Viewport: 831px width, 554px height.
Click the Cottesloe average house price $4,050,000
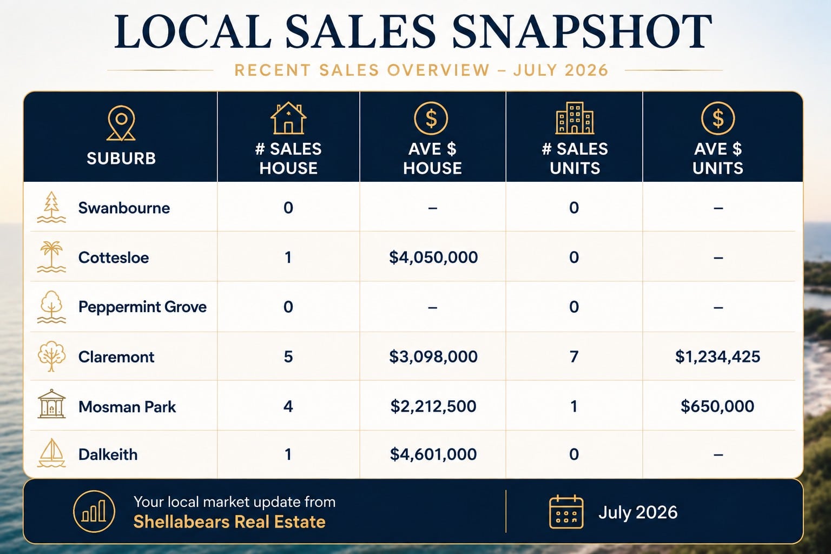pos(433,257)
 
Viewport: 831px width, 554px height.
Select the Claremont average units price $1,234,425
pos(717,357)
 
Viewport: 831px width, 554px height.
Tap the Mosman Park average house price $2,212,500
pos(433,406)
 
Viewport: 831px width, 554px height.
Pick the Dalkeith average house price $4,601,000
pos(433,454)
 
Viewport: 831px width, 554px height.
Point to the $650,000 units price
pos(717,406)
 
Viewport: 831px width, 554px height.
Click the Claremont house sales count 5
pos(288,357)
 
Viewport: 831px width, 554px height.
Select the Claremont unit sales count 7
pos(574,357)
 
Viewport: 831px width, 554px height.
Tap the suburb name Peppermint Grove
pos(142,307)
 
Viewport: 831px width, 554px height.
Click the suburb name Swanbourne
pos(124,208)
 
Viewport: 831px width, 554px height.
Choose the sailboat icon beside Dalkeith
pos(51,453)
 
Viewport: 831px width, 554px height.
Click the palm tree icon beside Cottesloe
pos(51,256)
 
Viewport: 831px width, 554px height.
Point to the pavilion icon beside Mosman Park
pos(51,404)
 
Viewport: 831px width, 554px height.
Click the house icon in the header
pos(288,118)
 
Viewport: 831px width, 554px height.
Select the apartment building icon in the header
pos(575,117)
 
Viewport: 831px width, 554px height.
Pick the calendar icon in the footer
pos(566,512)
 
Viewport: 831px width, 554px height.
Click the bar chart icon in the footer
pos(94,511)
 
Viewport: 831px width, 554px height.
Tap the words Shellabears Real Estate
pos(229,522)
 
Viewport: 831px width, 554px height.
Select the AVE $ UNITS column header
pos(718,159)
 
